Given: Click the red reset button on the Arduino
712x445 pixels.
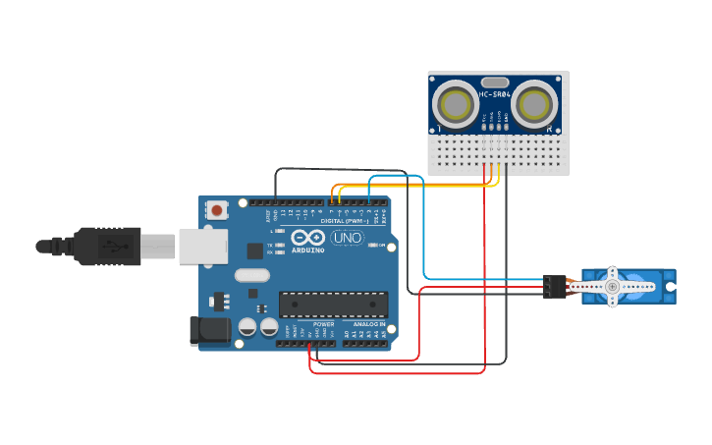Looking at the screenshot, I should (216, 209).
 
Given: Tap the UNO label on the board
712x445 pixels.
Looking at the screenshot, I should (346, 238).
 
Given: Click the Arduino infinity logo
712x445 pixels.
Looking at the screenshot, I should (307, 238).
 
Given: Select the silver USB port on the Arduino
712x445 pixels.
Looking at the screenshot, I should (202, 246).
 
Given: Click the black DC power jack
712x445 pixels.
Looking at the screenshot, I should (209, 330).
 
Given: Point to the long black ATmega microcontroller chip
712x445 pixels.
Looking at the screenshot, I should (333, 305).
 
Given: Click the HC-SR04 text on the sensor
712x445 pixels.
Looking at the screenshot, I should (495, 95).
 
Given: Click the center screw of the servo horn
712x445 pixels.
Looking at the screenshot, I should (612, 286).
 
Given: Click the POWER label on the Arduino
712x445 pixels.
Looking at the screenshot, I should (323, 324).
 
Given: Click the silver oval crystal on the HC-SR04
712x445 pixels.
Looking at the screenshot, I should (495, 83).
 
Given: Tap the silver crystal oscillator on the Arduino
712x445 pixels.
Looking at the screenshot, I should (251, 276).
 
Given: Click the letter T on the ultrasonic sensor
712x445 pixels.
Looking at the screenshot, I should (439, 128).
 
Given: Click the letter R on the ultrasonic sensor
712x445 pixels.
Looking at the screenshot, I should (549, 128).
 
